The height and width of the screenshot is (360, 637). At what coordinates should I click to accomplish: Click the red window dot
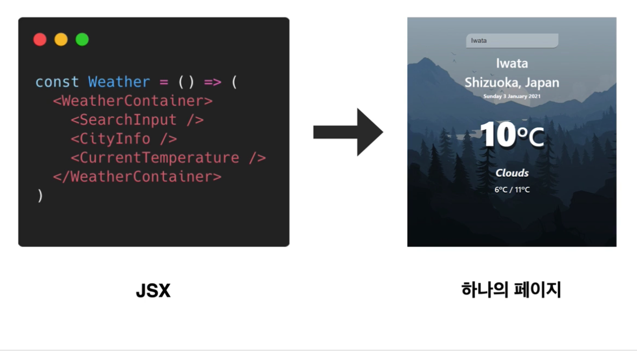coord(40,39)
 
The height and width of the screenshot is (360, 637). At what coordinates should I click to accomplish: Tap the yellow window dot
coord(61,39)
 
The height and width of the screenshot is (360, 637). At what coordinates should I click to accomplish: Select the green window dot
coord(82,39)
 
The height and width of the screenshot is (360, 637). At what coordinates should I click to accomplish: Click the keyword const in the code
coord(57,82)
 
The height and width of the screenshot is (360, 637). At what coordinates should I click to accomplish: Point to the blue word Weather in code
coord(119,82)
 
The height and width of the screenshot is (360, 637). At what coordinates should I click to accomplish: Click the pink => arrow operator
coord(213,82)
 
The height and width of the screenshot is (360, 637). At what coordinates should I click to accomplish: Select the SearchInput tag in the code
coord(137,120)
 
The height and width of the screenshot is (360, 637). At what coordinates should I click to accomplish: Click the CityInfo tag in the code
coord(124,139)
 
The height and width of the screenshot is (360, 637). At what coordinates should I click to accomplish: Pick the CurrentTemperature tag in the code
coord(168,158)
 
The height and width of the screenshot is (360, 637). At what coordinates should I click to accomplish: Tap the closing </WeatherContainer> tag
coord(137,177)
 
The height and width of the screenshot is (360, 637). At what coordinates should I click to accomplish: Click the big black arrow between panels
coord(348,132)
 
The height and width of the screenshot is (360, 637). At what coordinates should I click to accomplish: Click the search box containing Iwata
coord(512,41)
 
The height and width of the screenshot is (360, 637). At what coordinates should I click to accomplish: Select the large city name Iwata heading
coord(512,63)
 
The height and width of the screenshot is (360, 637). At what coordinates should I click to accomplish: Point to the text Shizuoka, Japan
coord(512,83)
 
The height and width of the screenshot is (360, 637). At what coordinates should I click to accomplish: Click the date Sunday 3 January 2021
coord(512,96)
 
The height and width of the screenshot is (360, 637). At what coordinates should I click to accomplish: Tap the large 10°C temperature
coord(512,134)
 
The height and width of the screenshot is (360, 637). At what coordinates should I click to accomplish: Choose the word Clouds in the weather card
coord(512,173)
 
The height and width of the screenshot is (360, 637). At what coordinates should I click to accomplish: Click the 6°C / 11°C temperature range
coord(512,190)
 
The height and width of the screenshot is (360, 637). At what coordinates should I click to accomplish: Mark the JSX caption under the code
coord(153,291)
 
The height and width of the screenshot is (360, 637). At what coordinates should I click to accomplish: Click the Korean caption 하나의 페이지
coord(511,290)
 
